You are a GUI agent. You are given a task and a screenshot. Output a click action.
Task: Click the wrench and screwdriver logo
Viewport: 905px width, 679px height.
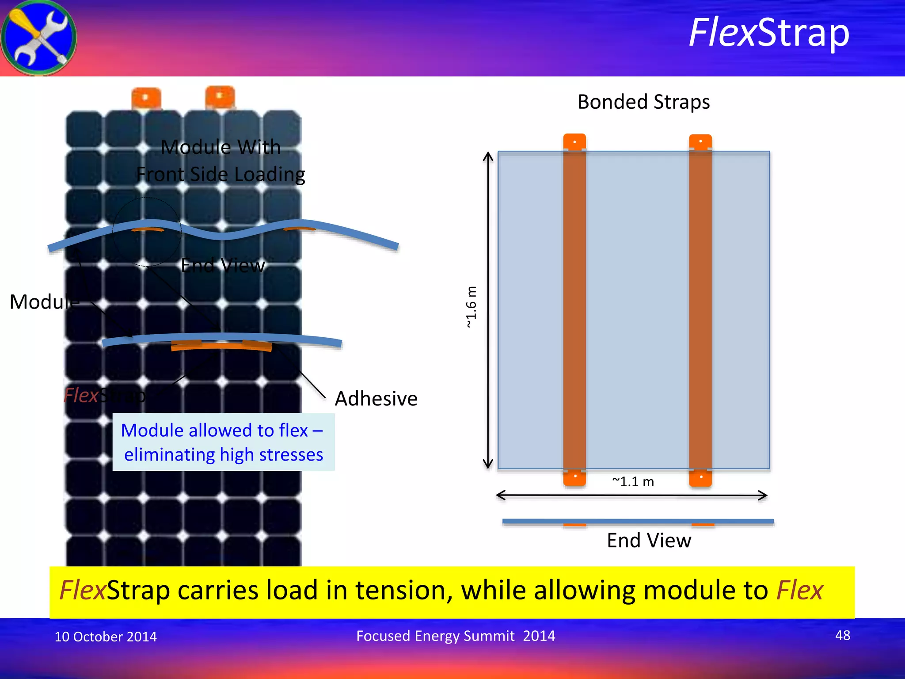pyautogui.click(x=39, y=38)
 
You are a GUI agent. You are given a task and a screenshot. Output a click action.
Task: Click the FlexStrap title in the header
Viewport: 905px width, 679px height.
pyautogui.click(x=769, y=33)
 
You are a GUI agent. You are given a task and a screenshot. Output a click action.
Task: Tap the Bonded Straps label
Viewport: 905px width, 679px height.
pyautogui.click(x=643, y=102)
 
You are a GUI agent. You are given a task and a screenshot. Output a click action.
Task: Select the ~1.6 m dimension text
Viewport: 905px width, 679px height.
pyautogui.click(x=472, y=307)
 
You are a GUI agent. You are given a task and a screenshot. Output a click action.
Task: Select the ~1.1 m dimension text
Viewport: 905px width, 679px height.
pyautogui.click(x=633, y=481)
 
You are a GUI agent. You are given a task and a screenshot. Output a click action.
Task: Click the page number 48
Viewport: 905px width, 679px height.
pyautogui.click(x=842, y=635)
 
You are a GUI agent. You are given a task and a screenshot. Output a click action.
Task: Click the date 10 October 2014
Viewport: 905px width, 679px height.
pyautogui.click(x=105, y=637)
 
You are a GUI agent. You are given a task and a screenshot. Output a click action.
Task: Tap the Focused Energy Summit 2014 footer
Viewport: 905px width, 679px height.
pyautogui.click(x=455, y=636)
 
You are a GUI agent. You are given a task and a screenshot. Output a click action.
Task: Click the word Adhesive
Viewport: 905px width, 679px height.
pyautogui.click(x=376, y=398)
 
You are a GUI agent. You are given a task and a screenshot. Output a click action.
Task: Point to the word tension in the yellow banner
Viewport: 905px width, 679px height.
pyautogui.click(x=403, y=590)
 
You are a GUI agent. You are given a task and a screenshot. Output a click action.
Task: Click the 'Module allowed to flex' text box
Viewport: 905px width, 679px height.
pyautogui.click(x=223, y=442)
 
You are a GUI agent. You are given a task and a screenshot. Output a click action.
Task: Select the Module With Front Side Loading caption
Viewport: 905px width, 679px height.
pyautogui.click(x=221, y=160)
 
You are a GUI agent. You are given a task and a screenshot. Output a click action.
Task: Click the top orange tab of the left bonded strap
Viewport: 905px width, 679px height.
pyautogui.click(x=574, y=142)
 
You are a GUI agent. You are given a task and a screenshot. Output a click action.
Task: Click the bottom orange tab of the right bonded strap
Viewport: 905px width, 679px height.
pyautogui.click(x=700, y=477)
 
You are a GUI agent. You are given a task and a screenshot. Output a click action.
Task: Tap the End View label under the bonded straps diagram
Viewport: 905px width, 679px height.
pyautogui.click(x=649, y=540)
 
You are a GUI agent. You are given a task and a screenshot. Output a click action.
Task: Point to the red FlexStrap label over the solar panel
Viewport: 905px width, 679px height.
pyautogui.click(x=104, y=395)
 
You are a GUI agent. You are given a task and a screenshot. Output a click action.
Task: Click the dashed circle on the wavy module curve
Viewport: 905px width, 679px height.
pyautogui.click(x=147, y=232)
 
